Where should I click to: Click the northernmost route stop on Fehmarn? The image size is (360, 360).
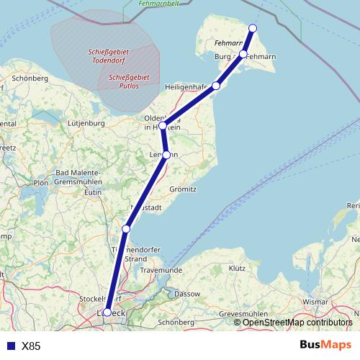pyautogui.click(x=253, y=28)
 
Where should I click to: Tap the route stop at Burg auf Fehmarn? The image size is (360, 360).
pyautogui.click(x=243, y=55)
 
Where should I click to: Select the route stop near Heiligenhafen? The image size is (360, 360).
pyautogui.click(x=216, y=86)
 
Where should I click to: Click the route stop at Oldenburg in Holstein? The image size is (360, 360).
pyautogui.click(x=163, y=126)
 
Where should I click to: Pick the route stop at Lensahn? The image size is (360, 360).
pyautogui.click(x=166, y=155)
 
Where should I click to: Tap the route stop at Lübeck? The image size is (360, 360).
pyautogui.click(x=107, y=312)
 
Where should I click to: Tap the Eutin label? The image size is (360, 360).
pyautogui.click(x=92, y=193)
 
